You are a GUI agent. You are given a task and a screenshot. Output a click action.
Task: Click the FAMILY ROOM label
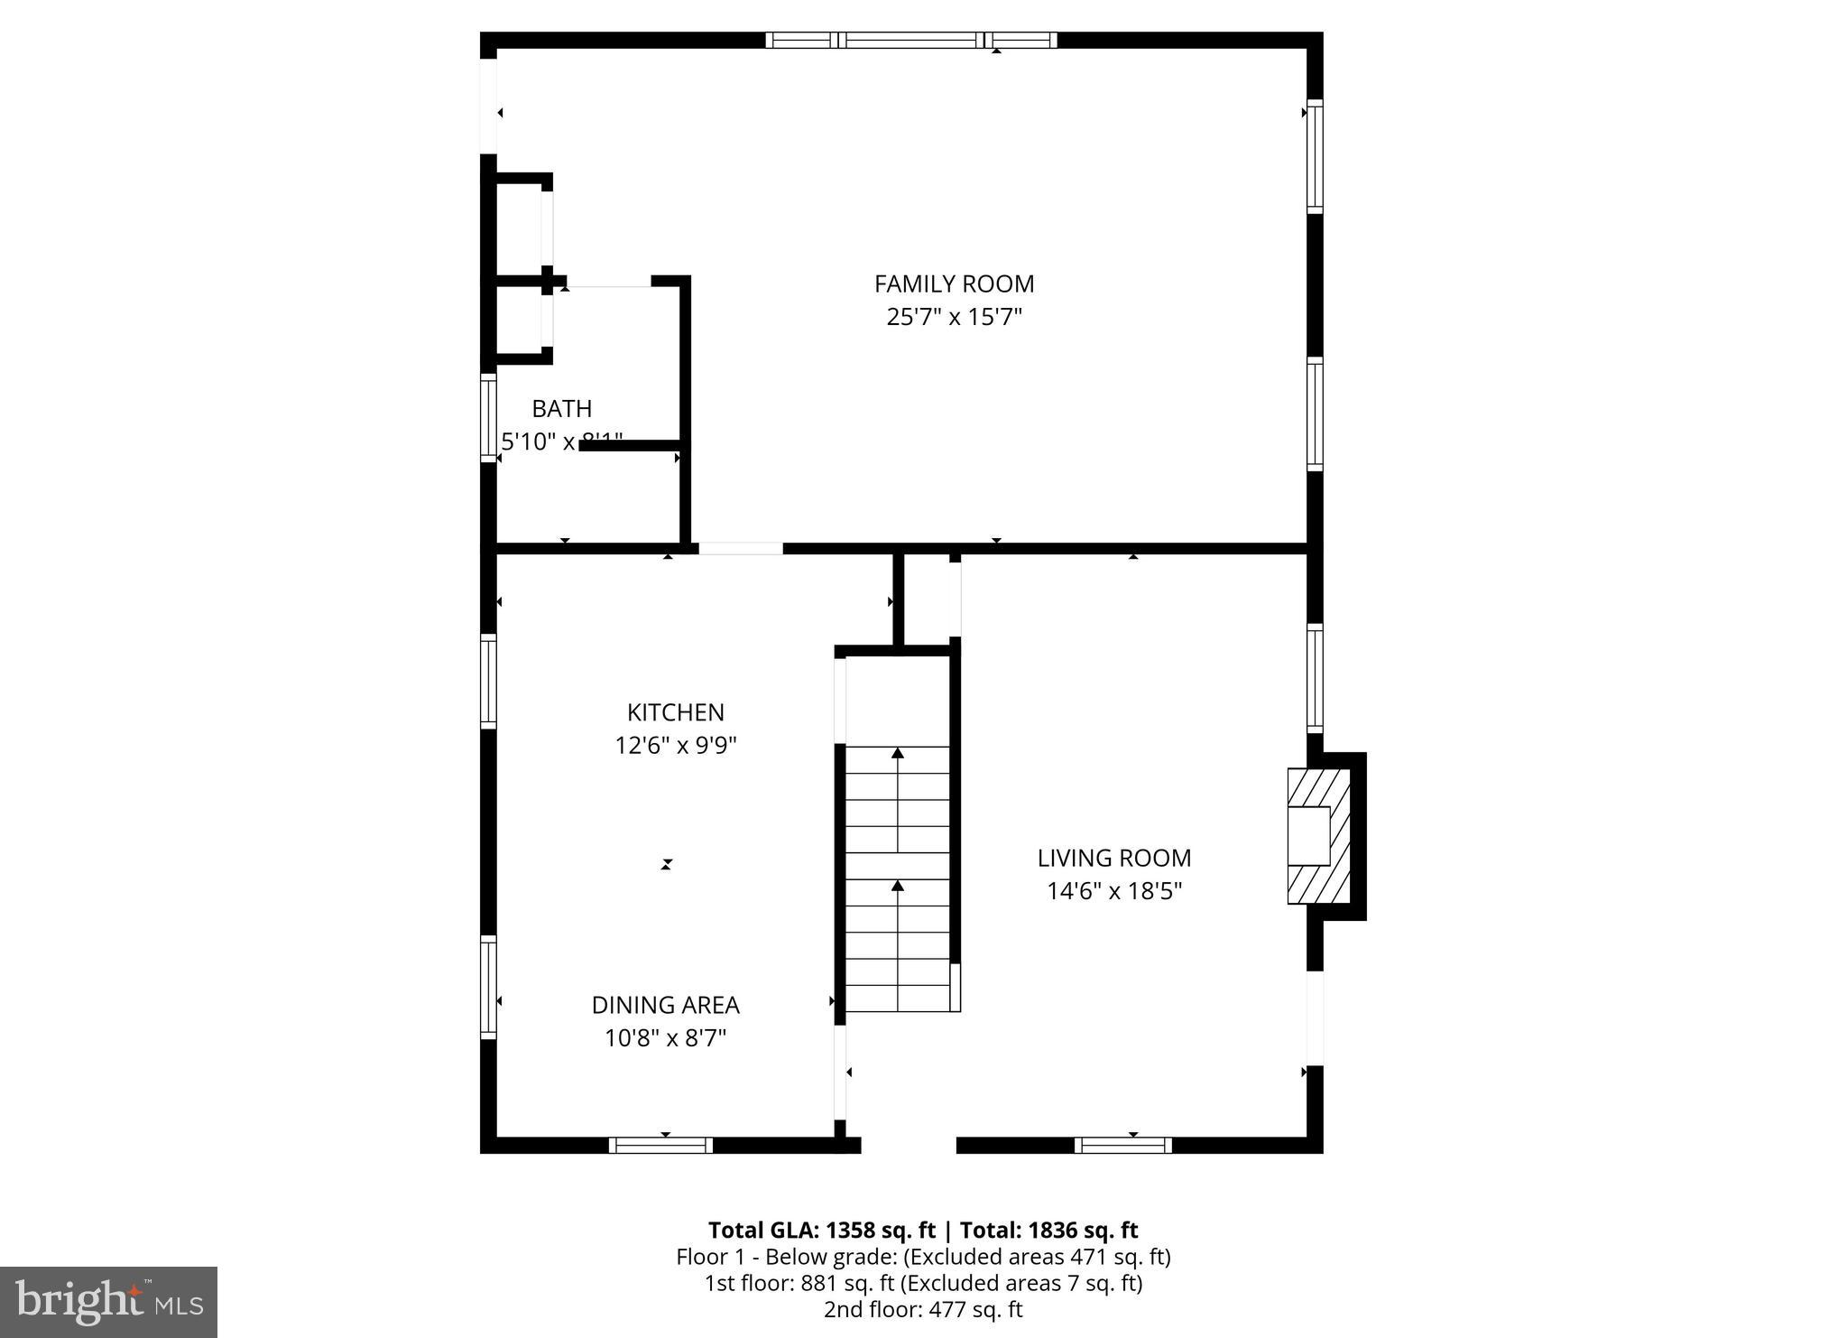[954, 283]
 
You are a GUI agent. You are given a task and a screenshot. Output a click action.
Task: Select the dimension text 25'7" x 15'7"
[954, 318]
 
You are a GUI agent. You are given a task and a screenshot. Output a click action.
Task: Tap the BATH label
[561, 409]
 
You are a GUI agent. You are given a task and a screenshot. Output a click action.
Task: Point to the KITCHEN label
[676, 712]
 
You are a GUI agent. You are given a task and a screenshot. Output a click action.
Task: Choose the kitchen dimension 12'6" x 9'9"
[676, 746]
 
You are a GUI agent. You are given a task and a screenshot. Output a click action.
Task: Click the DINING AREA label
[665, 1005]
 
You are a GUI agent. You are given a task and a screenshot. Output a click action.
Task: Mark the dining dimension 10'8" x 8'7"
[665, 1038]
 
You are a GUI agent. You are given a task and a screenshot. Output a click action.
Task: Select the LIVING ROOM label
[1113, 858]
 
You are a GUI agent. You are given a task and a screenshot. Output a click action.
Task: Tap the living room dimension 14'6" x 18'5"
[1113, 892]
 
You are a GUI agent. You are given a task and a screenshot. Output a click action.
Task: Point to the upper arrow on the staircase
[898, 753]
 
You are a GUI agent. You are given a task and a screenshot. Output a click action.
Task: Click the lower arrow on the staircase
[898, 887]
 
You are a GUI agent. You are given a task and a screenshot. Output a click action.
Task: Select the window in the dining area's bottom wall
[661, 1145]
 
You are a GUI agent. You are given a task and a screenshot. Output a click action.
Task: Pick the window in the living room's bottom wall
[1122, 1145]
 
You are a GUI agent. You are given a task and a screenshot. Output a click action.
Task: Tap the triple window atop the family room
[910, 40]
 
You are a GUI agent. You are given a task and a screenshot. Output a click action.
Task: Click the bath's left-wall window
[488, 417]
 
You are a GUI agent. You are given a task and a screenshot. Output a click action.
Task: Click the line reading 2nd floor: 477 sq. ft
[923, 1310]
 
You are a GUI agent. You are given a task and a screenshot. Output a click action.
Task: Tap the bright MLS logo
[108, 1302]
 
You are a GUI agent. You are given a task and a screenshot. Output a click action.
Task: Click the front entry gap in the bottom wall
[908, 1145]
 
